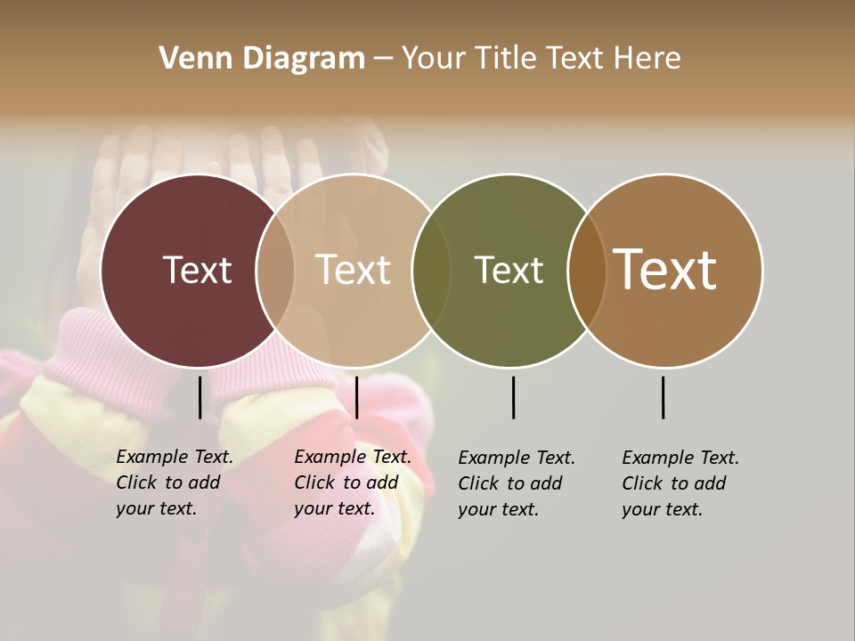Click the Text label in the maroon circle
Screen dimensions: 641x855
coord(197,270)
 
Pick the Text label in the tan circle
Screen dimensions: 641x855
coord(354,270)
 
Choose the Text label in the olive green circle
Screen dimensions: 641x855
coord(509,270)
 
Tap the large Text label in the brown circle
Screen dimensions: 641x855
coord(664,270)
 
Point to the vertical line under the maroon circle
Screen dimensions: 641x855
coord(199,397)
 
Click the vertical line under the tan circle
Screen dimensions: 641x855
coord(356,397)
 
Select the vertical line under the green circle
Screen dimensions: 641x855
coord(513,397)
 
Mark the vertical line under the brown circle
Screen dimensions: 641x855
coord(663,397)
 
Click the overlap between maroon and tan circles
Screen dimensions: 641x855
coord(275,270)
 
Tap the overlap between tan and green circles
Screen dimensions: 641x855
coord(431,270)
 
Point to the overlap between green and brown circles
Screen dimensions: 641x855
coord(586,270)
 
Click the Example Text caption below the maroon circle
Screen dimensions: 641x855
coord(175,483)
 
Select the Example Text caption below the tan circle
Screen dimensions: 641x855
coord(353,483)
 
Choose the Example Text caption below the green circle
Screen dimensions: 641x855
coord(517,483)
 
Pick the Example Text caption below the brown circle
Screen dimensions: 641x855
coord(680,483)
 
